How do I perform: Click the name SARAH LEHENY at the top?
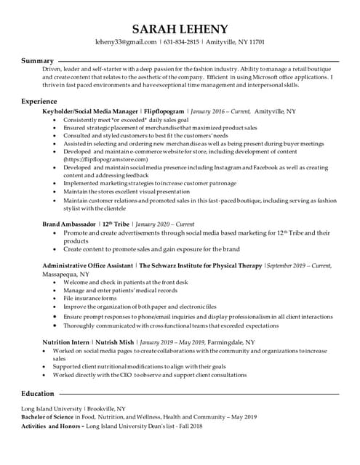[x=180, y=28]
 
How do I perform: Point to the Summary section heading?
[x=37, y=60]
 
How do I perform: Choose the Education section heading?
[x=41, y=393]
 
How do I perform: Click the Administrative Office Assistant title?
[x=87, y=266]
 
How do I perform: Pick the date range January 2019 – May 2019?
[x=172, y=341]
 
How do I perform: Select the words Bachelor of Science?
[x=50, y=417]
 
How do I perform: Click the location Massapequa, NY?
[x=66, y=274]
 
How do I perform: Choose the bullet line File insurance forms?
[x=89, y=299]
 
